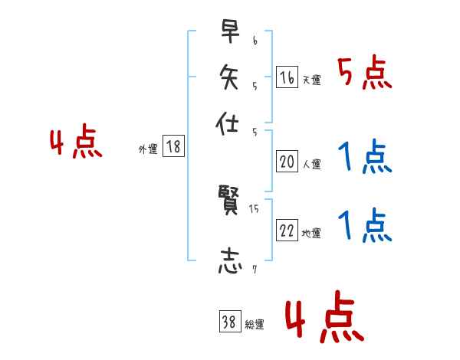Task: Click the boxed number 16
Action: coord(287,77)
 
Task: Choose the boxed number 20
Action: coord(287,162)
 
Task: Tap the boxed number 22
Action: coord(287,231)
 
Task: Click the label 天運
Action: coord(310,80)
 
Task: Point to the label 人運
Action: coord(310,164)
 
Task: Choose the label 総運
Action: coord(254,325)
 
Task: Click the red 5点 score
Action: coord(365,74)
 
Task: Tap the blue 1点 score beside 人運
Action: coord(365,158)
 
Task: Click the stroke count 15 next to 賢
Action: coord(254,208)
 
